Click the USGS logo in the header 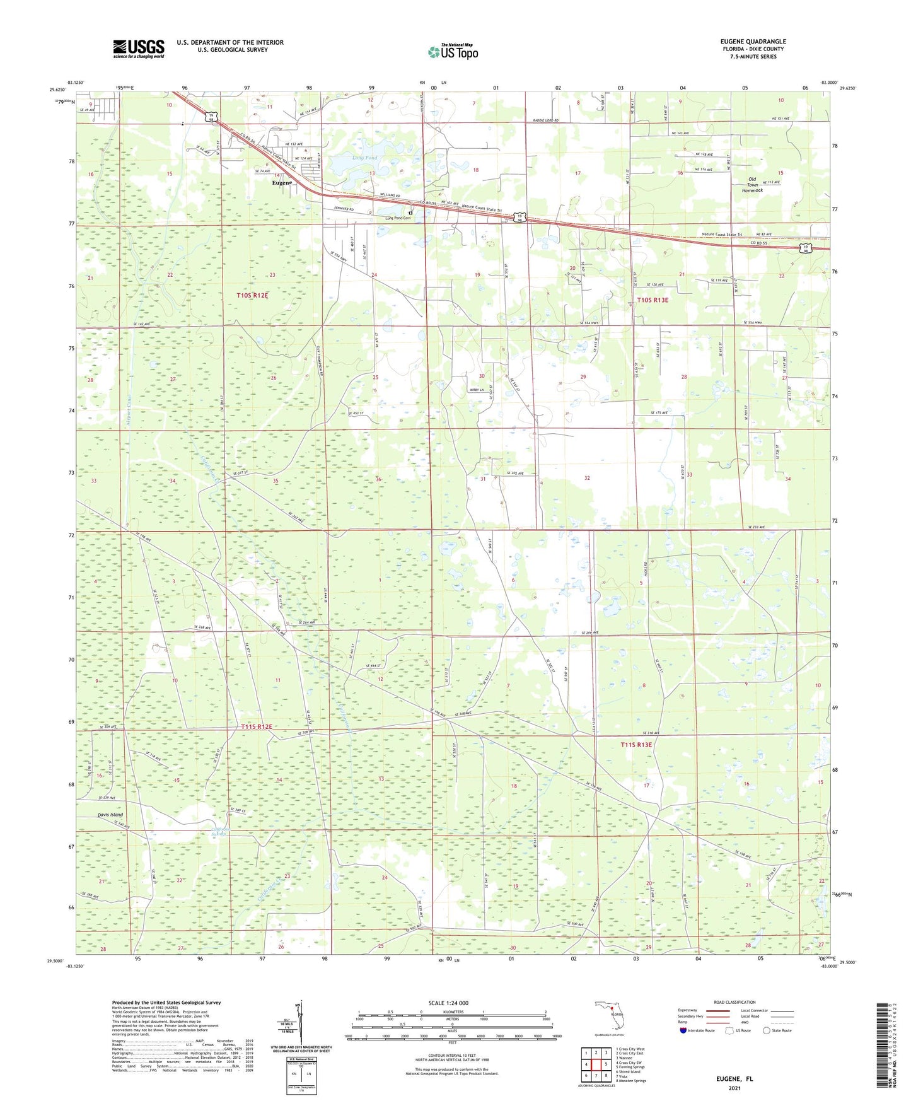(x=139, y=49)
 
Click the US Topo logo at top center (x=453, y=52)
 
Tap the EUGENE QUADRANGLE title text (x=753, y=42)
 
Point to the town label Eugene (x=282, y=183)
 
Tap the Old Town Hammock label (x=752, y=185)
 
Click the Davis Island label (x=110, y=815)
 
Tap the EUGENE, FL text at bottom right (x=734, y=1079)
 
